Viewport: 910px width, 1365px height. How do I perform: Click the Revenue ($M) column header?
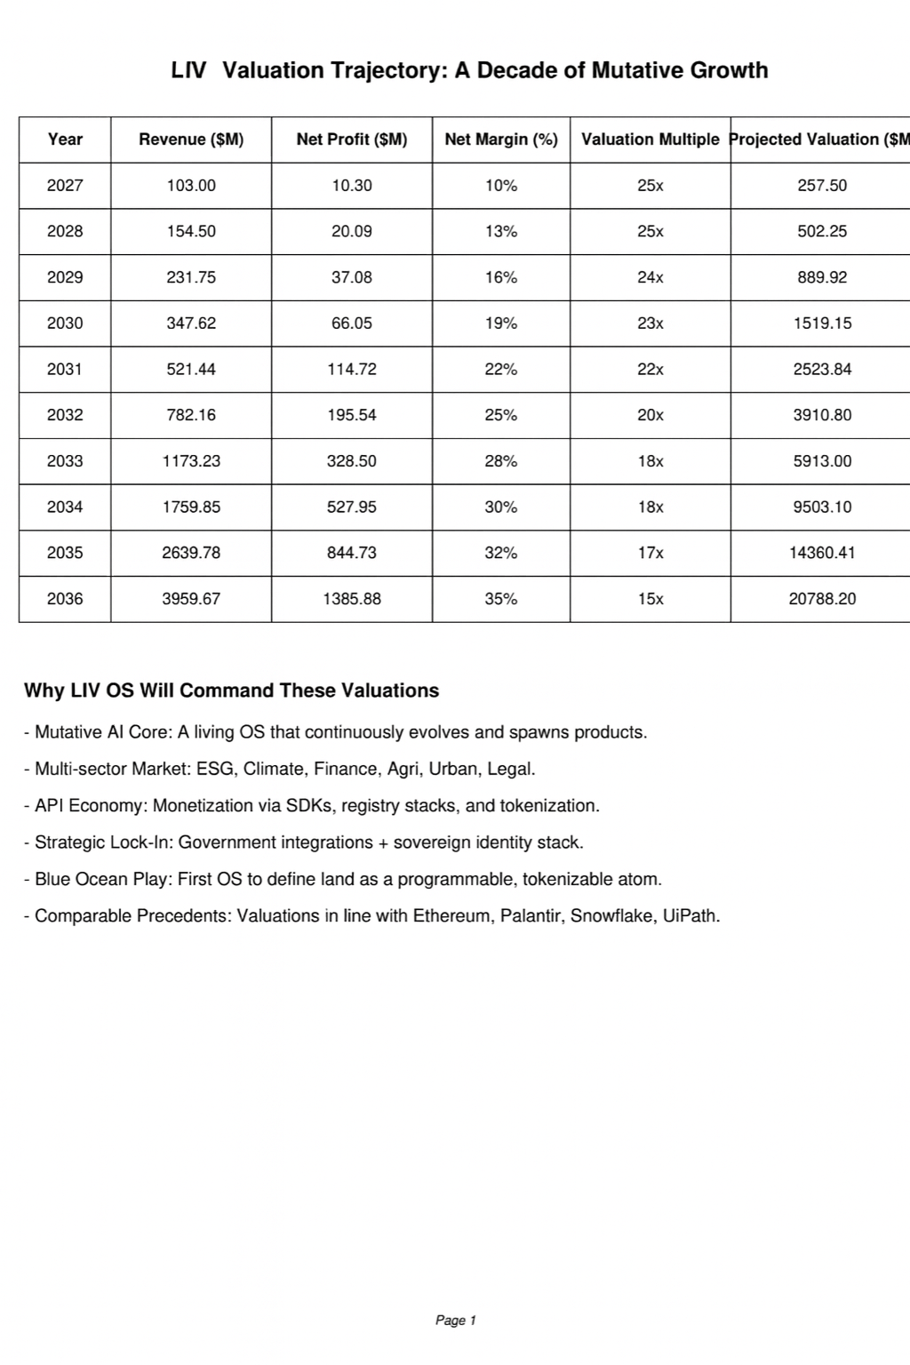pyautogui.click(x=191, y=140)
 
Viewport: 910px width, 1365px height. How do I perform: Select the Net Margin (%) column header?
pyautogui.click(x=501, y=140)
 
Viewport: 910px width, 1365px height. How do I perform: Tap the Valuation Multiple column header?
pyautogui.click(x=650, y=140)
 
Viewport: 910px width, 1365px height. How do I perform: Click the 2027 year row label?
pyautogui.click(x=65, y=186)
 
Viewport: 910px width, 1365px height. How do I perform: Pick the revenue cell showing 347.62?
pyautogui.click(x=191, y=323)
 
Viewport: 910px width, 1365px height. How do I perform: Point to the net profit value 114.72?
pyautogui.click(x=352, y=370)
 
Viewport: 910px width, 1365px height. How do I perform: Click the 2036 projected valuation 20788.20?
pyautogui.click(x=822, y=599)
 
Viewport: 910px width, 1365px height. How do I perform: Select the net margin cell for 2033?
pyautogui.click(x=501, y=461)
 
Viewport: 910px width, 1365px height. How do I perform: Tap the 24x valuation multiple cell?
pyautogui.click(x=650, y=277)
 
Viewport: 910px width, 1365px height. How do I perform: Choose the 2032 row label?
pyautogui.click(x=65, y=415)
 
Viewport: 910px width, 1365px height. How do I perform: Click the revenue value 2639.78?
pyautogui.click(x=191, y=553)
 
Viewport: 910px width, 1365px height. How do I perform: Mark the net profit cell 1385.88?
pyautogui.click(x=352, y=599)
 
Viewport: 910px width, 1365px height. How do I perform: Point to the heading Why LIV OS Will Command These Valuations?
pyautogui.click(x=231, y=690)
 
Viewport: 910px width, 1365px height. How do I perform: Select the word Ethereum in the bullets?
pyautogui.click(x=451, y=916)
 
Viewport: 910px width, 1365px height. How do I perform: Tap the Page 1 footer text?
pyautogui.click(x=456, y=1321)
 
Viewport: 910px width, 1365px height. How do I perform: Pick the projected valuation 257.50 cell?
pyautogui.click(x=822, y=186)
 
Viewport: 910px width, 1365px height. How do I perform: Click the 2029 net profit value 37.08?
pyautogui.click(x=352, y=277)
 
